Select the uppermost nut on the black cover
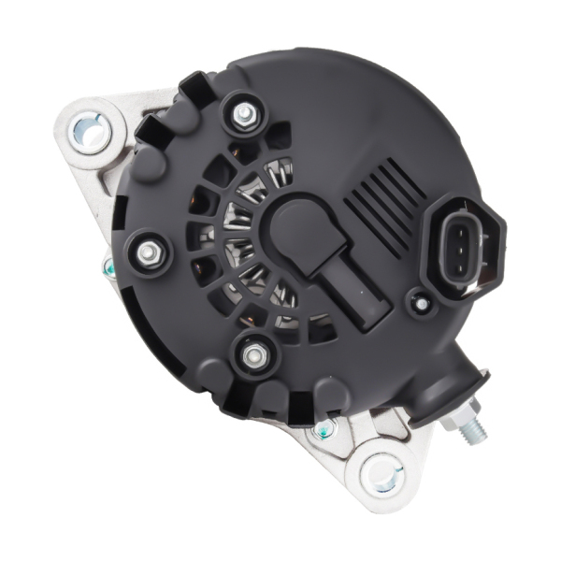pos(244,114)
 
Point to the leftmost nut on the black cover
pos(148,252)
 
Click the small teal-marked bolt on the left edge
pos(108,271)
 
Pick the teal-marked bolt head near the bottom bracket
pos(324,428)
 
